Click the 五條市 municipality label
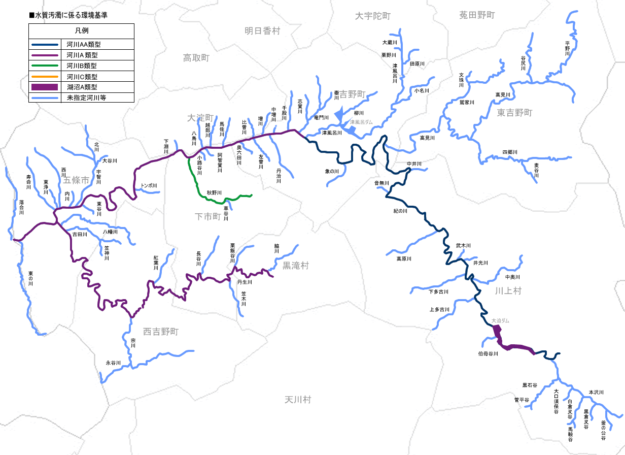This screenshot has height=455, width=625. pyautogui.click(x=76, y=180)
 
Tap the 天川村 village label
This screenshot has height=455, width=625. pyautogui.click(x=298, y=400)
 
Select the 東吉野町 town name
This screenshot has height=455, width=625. pyautogui.click(x=514, y=113)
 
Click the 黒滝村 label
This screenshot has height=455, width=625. pyautogui.click(x=295, y=265)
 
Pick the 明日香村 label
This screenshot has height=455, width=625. pyautogui.click(x=262, y=30)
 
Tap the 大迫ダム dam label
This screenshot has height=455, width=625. pyautogui.click(x=500, y=321)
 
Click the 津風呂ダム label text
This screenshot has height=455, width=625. pyautogui.click(x=361, y=122)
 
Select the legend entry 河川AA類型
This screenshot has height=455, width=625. pyautogui.click(x=84, y=45)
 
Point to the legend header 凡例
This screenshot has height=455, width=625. pyautogui.click(x=81, y=31)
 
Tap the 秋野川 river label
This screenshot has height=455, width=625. pyautogui.click(x=214, y=193)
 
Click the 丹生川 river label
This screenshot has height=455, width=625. pyautogui.click(x=245, y=282)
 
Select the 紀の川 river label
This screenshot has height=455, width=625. pyautogui.click(x=400, y=211)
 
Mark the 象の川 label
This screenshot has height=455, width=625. pyautogui.click(x=332, y=172)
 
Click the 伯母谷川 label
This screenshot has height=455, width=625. pyautogui.click(x=488, y=353)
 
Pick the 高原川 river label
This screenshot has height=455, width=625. pyautogui.click(x=404, y=259)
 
